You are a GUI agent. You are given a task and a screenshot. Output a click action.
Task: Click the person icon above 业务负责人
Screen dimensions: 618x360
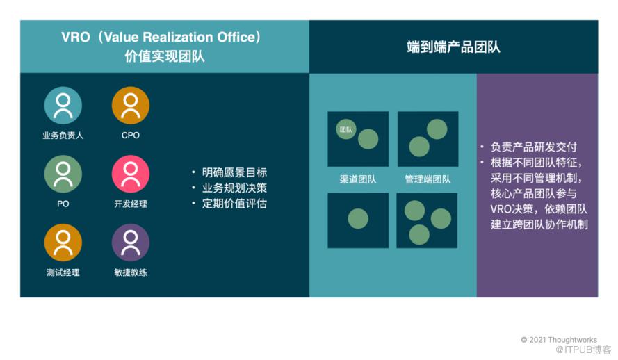pyautogui.click(x=63, y=106)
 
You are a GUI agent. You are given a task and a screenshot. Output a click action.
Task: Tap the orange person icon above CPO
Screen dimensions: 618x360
pyautogui.click(x=131, y=106)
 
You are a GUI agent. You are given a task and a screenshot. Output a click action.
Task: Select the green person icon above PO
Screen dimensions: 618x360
pyautogui.click(x=63, y=174)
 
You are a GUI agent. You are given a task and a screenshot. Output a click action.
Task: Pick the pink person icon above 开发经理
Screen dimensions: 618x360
pyautogui.click(x=131, y=174)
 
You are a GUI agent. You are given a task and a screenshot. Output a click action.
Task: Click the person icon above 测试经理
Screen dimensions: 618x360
pyautogui.click(x=63, y=243)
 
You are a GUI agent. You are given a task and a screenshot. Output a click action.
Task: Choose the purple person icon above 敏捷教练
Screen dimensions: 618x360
pyautogui.click(x=131, y=243)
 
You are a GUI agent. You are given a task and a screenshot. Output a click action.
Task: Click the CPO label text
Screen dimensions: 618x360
pyautogui.click(x=131, y=135)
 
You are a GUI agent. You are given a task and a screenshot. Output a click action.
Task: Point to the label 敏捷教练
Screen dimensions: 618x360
pyautogui.click(x=131, y=272)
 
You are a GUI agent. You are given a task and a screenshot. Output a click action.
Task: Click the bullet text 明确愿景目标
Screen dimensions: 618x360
pyautogui.click(x=234, y=172)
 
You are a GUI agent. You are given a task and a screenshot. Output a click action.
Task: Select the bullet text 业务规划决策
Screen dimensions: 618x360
pyautogui.click(x=234, y=188)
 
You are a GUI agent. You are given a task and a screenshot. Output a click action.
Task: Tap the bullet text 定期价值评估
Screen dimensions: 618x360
pyautogui.click(x=234, y=204)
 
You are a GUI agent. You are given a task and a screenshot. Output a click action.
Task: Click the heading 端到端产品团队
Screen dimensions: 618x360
pyautogui.click(x=454, y=47)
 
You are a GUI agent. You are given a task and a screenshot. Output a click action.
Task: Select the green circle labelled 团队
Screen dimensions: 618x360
pyautogui.click(x=346, y=129)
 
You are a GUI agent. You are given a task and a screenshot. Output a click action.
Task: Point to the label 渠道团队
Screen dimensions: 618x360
pyautogui.click(x=358, y=179)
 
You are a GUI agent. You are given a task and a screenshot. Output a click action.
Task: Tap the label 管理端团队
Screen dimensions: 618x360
pyautogui.click(x=428, y=179)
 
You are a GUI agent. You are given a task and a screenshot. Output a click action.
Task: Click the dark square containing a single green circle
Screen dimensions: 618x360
pyautogui.click(x=358, y=220)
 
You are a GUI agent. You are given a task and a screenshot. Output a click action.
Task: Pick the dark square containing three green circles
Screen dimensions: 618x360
pyautogui.click(x=427, y=220)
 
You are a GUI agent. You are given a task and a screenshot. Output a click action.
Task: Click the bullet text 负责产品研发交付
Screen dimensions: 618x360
pyautogui.click(x=534, y=147)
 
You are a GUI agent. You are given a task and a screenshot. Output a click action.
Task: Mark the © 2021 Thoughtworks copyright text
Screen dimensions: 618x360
pyautogui.click(x=559, y=340)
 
